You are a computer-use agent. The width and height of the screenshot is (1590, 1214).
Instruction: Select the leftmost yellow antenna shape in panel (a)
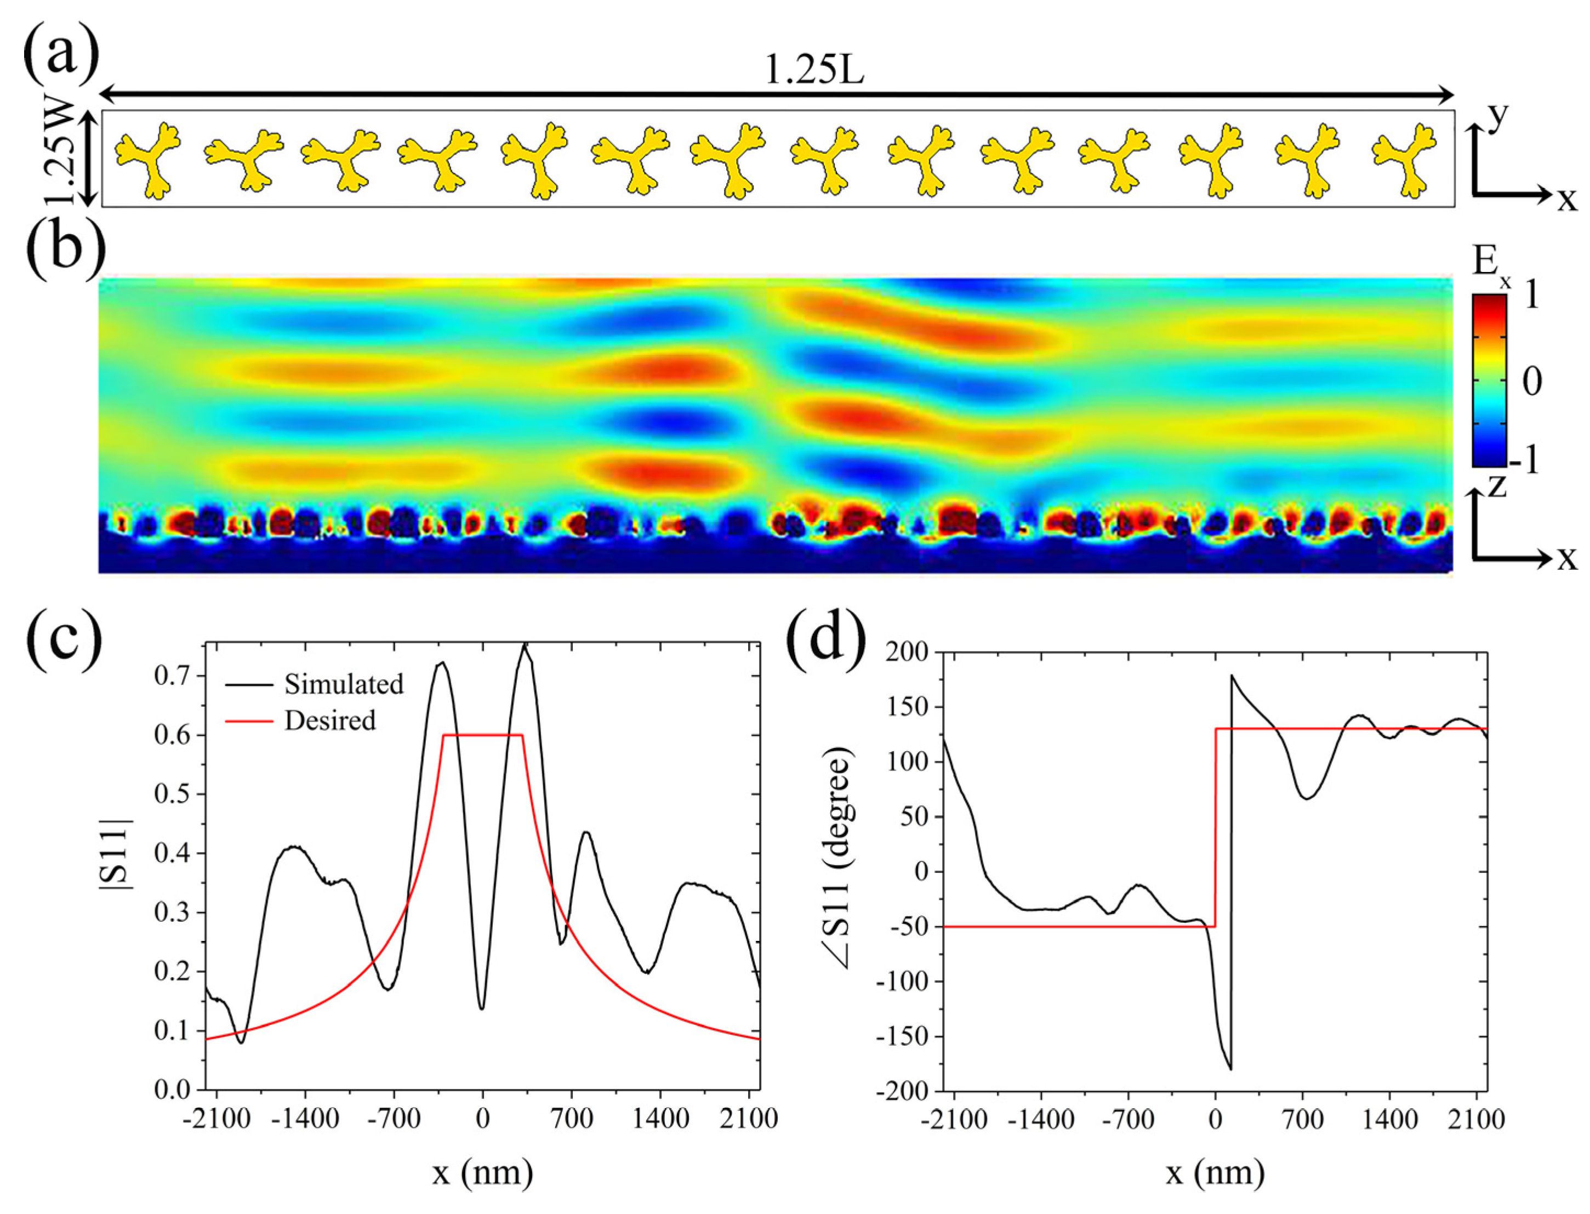click(147, 160)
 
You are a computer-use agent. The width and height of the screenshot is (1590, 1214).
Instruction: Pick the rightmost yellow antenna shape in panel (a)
click(1403, 160)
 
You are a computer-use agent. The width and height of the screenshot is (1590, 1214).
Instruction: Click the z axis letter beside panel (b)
click(1496, 486)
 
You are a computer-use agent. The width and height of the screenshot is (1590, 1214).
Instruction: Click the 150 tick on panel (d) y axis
click(906, 707)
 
